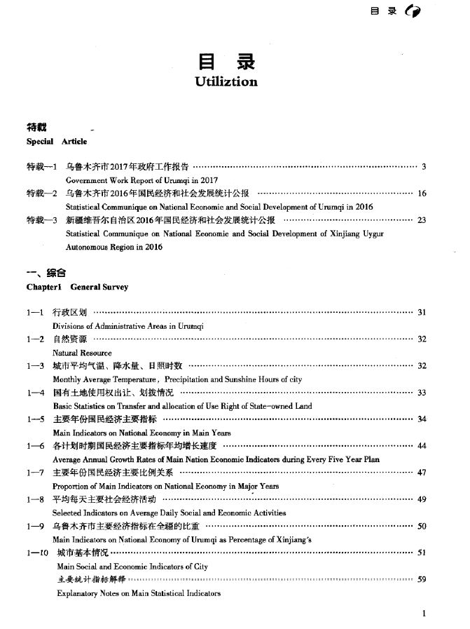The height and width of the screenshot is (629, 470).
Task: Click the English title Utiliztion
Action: pos(226,82)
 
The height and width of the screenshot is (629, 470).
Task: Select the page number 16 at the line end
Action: pos(422,194)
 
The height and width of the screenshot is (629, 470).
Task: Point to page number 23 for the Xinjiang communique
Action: pos(422,220)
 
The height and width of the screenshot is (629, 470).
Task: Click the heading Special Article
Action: pos(57,142)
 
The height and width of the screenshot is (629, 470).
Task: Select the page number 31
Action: pos(422,313)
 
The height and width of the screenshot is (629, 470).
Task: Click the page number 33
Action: pos(422,393)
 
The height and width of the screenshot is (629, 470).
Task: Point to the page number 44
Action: pos(422,446)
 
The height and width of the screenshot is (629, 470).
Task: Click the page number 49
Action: pos(422,499)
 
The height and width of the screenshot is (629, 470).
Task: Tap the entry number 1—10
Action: pos(36,553)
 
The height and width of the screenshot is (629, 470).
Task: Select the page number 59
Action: pos(422,579)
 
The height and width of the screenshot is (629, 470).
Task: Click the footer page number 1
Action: pos(424,614)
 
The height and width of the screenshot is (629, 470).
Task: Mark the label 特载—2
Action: pos(41,194)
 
